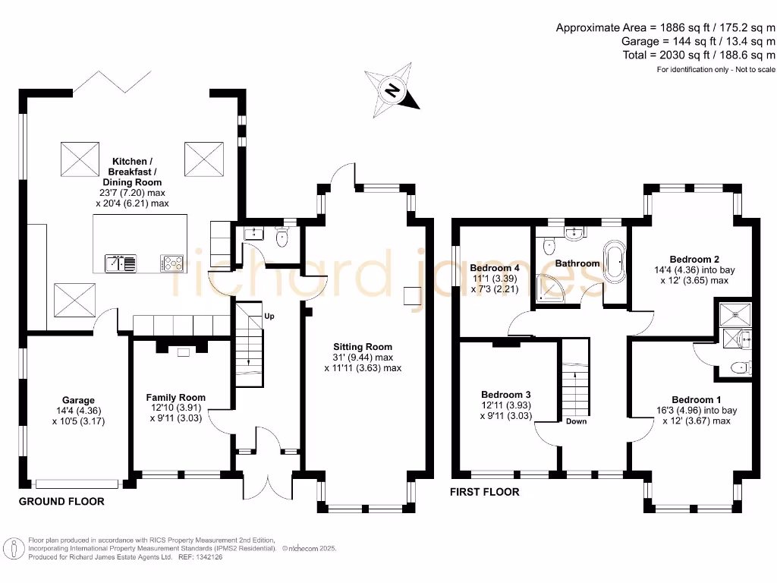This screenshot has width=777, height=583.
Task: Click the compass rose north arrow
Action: click(392, 93)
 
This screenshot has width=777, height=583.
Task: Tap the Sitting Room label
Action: click(362, 347)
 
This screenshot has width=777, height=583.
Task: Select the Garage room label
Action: click(78, 400)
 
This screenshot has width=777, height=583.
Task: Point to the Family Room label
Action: click(176, 397)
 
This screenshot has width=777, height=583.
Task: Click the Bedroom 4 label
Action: click(495, 268)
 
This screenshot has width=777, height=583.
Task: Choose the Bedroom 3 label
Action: click(506, 395)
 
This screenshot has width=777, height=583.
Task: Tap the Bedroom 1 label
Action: click(697, 400)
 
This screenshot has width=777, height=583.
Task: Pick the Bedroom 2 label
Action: click(698, 258)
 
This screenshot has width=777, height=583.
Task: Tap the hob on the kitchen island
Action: click(172, 263)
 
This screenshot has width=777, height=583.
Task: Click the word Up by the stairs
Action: click(269, 316)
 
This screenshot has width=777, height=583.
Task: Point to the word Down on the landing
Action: click(576, 421)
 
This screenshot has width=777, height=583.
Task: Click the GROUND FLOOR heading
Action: click(61, 502)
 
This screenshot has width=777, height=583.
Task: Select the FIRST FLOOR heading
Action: click(485, 492)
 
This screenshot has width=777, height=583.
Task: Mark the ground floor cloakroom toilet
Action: click(284, 238)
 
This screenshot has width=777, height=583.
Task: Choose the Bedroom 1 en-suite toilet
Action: click(738, 368)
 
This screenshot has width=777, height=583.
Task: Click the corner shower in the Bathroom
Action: click(551, 287)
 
